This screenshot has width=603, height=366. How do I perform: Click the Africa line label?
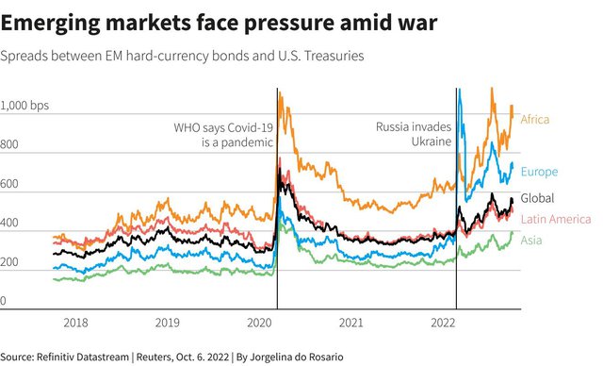[x=535, y=119]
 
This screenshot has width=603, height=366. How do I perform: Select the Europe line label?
[x=539, y=172]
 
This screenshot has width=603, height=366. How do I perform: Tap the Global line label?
[x=537, y=198]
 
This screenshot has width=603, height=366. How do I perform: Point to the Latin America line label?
[x=556, y=220]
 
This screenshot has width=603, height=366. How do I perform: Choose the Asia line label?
[x=531, y=241]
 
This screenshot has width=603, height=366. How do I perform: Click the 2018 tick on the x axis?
[x=75, y=323]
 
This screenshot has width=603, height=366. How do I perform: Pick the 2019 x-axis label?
[x=168, y=323]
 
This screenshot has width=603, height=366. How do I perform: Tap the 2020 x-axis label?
[x=259, y=323]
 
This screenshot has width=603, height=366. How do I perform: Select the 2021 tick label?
[x=351, y=323]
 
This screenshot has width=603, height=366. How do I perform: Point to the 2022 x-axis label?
[x=443, y=323]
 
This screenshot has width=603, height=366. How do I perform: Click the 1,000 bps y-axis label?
[x=24, y=106]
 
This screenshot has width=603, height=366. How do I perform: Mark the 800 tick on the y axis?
[x=9, y=144]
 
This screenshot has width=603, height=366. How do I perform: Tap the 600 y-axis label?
[x=9, y=184]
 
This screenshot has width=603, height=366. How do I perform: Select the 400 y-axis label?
[x=9, y=223]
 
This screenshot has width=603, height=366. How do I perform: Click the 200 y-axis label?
[x=9, y=261]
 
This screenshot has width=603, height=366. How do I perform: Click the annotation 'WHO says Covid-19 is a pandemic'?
[x=223, y=135]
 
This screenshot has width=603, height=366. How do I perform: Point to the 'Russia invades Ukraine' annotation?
[x=414, y=134]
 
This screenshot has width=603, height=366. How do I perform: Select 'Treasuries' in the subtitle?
[x=334, y=56]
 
